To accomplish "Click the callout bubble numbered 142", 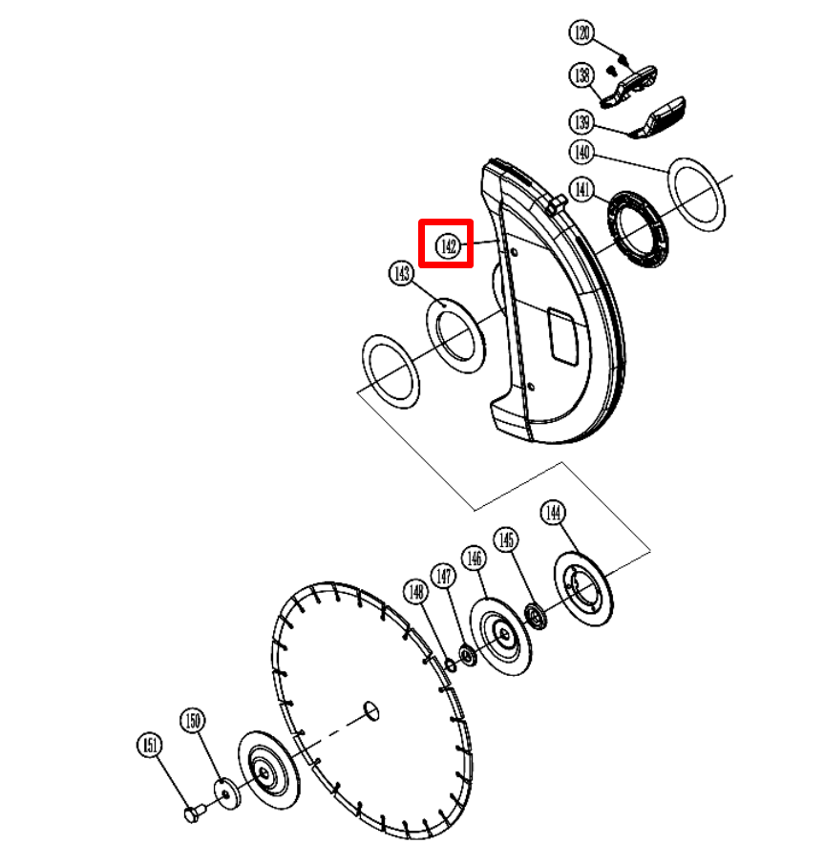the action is (x=448, y=246).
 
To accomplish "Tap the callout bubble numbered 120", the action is (x=581, y=32).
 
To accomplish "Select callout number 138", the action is (x=581, y=74).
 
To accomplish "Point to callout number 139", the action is (x=581, y=121).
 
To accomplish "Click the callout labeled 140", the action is (x=581, y=152).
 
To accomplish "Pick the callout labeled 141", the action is (x=581, y=189).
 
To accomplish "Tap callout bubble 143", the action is (x=402, y=273).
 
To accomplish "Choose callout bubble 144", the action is (x=553, y=512).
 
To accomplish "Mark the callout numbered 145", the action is (x=506, y=539).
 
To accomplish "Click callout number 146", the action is (x=474, y=559).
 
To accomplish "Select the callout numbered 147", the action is (x=443, y=576).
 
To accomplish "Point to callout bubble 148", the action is (x=416, y=592).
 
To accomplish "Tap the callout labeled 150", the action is (x=193, y=720).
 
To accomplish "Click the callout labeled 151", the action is (x=150, y=745).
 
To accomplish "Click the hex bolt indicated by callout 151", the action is (x=194, y=812).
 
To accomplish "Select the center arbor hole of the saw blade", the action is (x=371, y=710).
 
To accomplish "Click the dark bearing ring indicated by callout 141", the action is (x=638, y=229).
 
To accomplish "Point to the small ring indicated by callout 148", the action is (x=451, y=665).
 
